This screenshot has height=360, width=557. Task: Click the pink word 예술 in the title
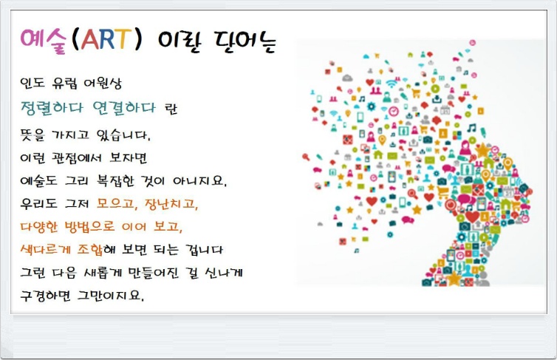click(43, 40)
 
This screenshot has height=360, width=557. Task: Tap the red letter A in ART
click(90, 39)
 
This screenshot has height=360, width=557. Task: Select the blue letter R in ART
click(107, 39)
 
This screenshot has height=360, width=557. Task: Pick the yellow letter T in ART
click(123, 38)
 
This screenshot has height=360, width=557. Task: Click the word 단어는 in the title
click(245, 42)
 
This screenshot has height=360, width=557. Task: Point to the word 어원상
click(102, 84)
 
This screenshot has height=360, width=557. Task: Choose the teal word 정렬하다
click(52, 108)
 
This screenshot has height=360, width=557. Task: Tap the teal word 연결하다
click(124, 108)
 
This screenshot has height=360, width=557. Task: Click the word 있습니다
click(123, 135)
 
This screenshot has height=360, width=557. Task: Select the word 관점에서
click(76, 157)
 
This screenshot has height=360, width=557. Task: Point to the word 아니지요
click(199, 181)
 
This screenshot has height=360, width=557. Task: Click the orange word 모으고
click(117, 204)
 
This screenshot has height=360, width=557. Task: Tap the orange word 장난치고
click(171, 204)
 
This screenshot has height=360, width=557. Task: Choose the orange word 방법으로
click(89, 227)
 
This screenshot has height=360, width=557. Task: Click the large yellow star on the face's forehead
click(482, 151)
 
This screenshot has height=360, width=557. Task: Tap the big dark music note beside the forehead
click(472, 128)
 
